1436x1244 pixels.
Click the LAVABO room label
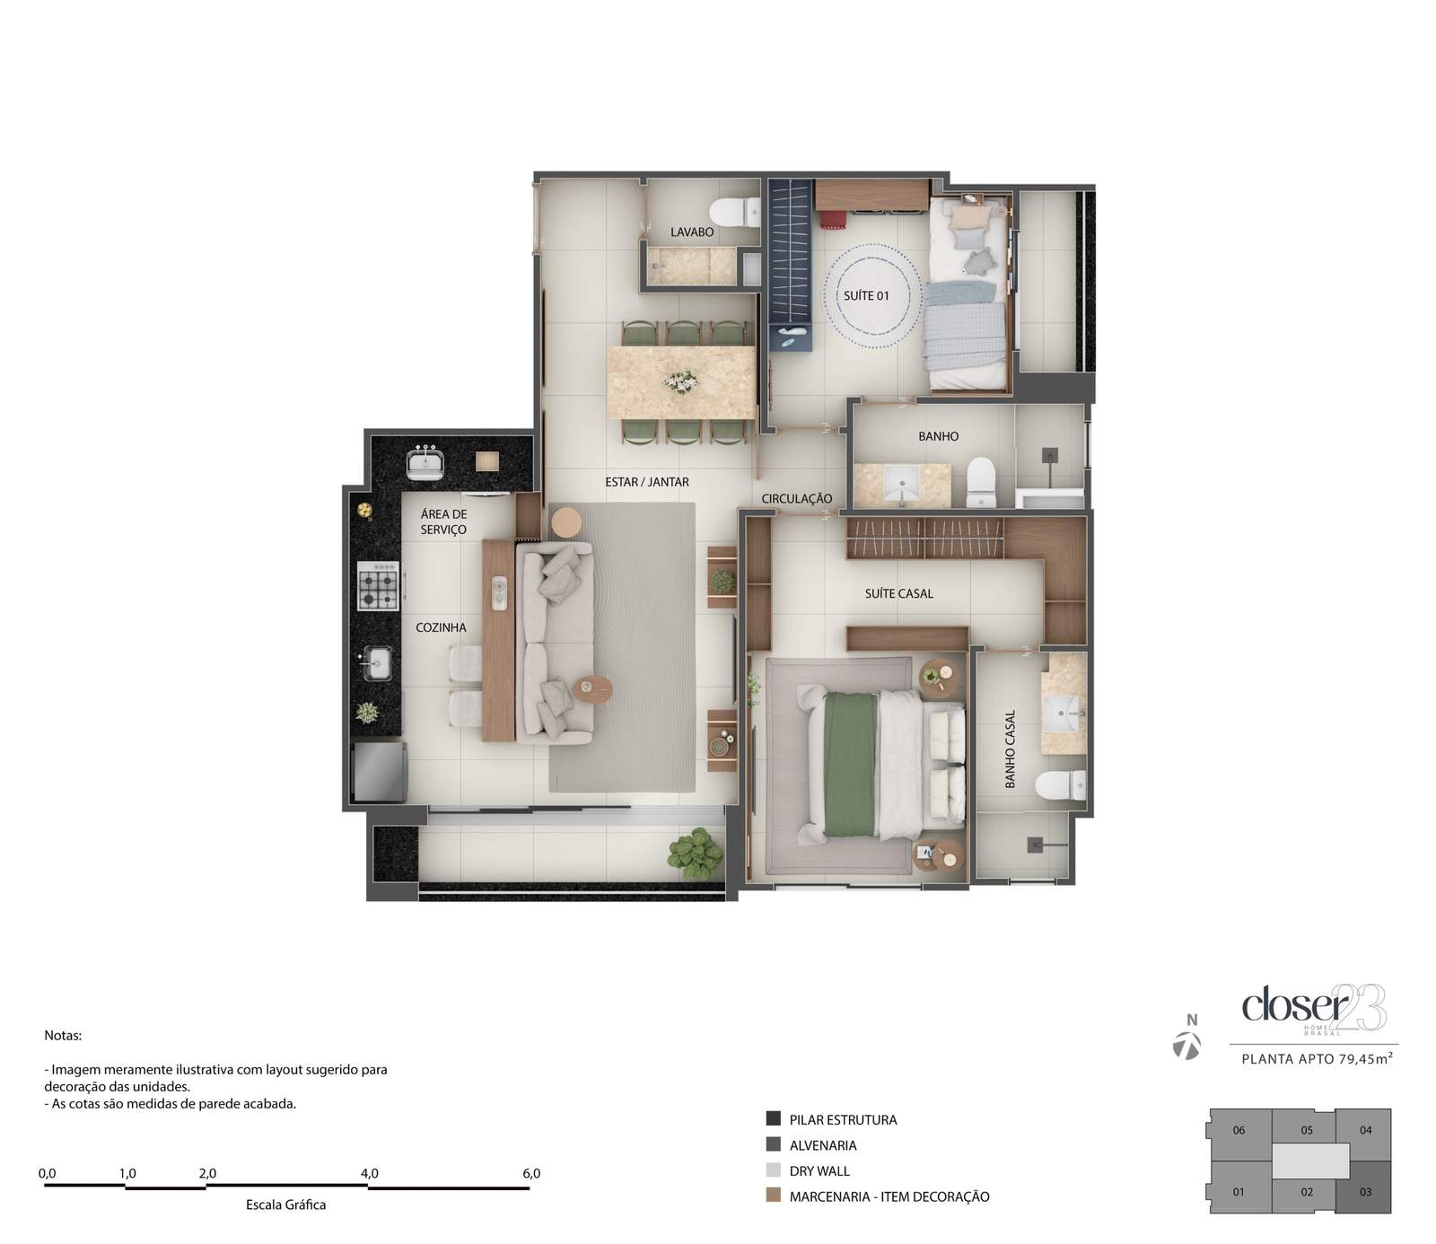[x=692, y=232]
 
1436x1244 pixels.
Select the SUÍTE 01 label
[x=866, y=295]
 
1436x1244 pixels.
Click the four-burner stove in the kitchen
[x=378, y=585]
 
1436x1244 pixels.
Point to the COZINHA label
[x=441, y=627]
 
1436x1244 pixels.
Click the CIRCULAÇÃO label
[x=797, y=499]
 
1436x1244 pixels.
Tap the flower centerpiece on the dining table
[x=679, y=381]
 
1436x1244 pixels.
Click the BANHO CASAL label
[x=1010, y=749]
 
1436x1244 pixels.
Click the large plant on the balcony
[x=695, y=854]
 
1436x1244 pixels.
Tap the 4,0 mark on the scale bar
[x=369, y=1173]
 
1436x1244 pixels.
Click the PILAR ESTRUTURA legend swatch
[x=773, y=1119]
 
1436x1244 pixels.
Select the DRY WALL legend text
[x=819, y=1170]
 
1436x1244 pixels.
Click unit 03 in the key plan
[x=1364, y=1192]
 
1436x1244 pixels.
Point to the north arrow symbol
[x=1187, y=1046]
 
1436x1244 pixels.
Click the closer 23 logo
[x=1313, y=1008]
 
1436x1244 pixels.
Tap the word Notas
[x=63, y=1035]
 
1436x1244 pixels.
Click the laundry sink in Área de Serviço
[x=422, y=462]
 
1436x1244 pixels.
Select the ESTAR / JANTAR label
[x=647, y=482]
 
